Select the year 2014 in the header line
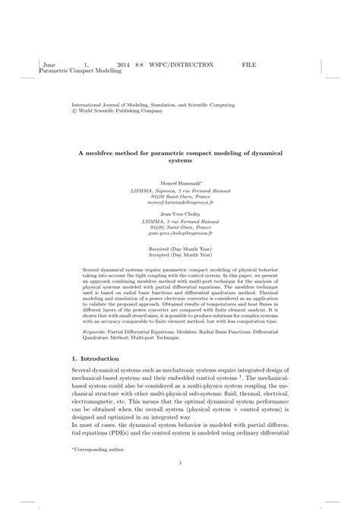click(124, 66)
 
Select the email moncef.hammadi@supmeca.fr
click(179, 204)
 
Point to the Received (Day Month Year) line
click(180, 248)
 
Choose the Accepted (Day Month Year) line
click(180, 255)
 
